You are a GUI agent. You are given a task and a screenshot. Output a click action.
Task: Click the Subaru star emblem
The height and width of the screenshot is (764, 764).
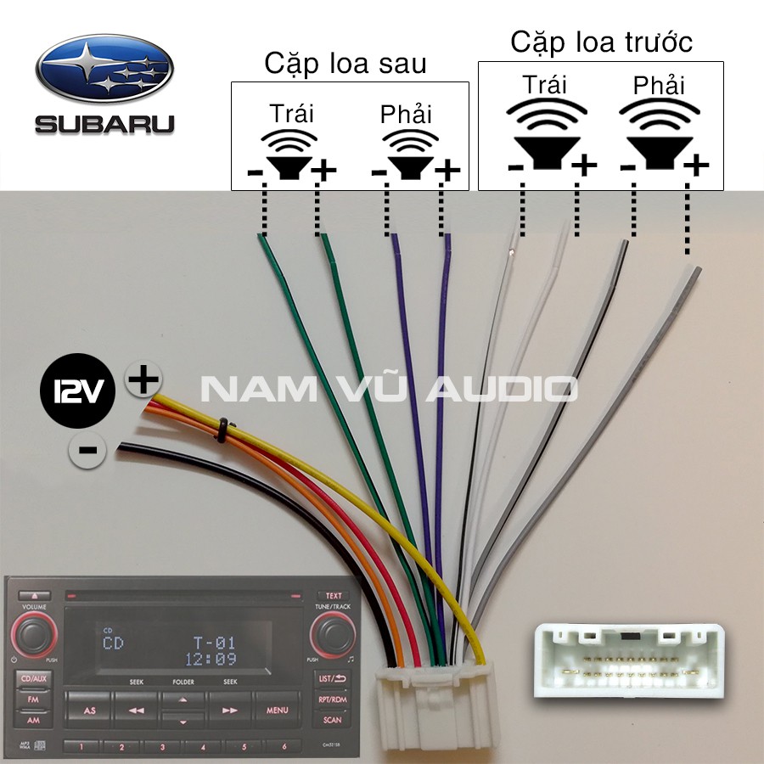104,68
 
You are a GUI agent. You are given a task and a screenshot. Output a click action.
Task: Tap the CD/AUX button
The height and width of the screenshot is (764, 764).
34,679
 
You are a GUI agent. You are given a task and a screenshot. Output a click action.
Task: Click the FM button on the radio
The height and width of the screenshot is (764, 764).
33,699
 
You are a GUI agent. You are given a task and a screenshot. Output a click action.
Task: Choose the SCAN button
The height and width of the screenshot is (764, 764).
333,720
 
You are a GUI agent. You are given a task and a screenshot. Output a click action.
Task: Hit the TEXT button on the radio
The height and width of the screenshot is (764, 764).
334,596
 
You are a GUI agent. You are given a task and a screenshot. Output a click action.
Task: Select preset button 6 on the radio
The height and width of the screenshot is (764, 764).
284,747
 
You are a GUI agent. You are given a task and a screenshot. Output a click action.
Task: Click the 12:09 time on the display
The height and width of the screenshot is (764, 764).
210,658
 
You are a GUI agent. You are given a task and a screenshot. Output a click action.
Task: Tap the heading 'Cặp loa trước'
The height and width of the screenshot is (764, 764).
600,42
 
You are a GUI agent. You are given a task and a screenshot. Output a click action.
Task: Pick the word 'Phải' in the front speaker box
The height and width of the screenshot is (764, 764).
659,85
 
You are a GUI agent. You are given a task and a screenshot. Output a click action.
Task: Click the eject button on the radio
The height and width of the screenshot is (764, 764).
34,596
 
